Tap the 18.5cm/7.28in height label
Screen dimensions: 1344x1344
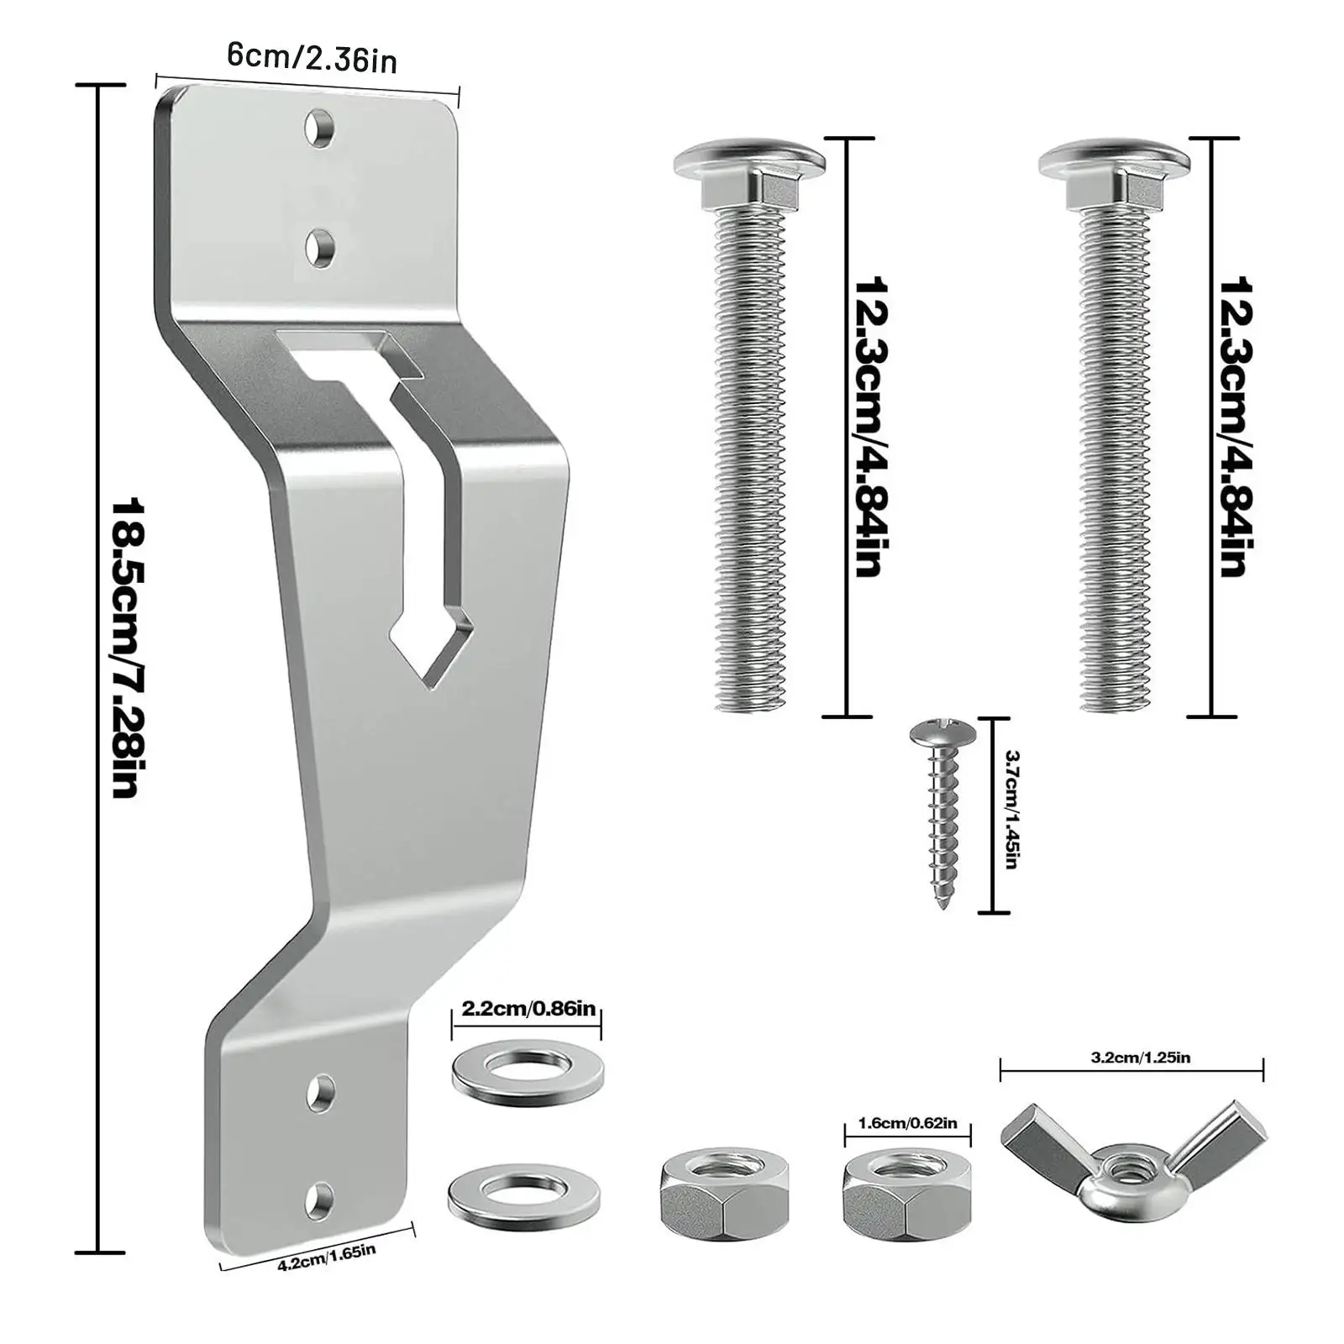(x=129, y=648)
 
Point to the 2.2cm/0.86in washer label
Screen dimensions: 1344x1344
(x=527, y=1008)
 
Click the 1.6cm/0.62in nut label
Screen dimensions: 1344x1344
(x=906, y=1123)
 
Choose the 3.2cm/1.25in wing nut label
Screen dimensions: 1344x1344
(x=1140, y=1058)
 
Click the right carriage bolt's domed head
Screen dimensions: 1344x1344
(x=1113, y=159)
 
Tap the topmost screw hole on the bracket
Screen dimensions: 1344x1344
(x=320, y=129)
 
